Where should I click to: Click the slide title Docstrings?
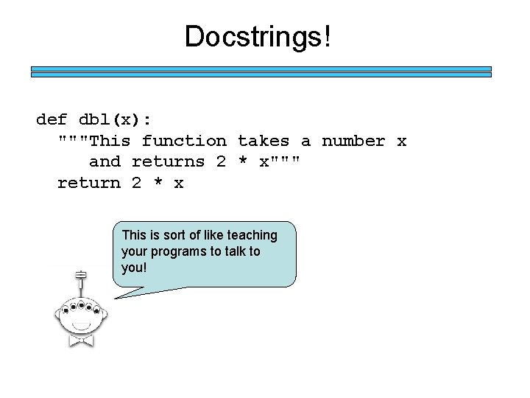click(258, 36)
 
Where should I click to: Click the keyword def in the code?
click(52, 119)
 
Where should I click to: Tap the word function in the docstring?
click(184, 140)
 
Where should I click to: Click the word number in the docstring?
click(353, 140)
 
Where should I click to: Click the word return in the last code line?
click(89, 182)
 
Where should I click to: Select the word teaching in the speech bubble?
click(252, 235)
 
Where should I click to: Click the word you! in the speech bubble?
click(134, 267)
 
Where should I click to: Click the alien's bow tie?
click(81, 341)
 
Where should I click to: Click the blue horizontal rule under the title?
click(261, 71)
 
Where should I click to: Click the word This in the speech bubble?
click(135, 235)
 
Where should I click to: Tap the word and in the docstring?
click(105, 161)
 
